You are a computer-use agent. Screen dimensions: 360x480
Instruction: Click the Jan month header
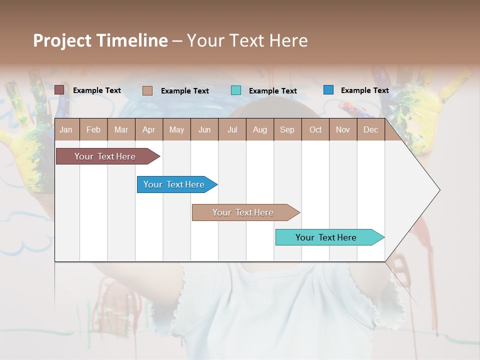pyautogui.click(x=66, y=129)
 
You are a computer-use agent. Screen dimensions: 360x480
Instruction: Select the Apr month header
pyautogui.click(x=149, y=129)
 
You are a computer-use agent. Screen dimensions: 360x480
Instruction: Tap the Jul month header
pyautogui.click(x=232, y=129)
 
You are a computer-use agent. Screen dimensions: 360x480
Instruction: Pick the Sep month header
pyautogui.click(x=287, y=129)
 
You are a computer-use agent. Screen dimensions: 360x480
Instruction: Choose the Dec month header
pyautogui.click(x=370, y=129)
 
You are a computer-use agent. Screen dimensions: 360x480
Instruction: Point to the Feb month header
pyautogui.click(x=93, y=129)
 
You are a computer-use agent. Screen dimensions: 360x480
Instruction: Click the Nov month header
pyautogui.click(x=342, y=129)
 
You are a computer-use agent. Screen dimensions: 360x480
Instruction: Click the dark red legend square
pyautogui.click(x=59, y=90)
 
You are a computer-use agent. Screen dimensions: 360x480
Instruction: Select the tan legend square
pyautogui.click(x=147, y=90)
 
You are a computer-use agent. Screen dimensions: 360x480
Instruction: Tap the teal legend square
pyautogui.click(x=236, y=90)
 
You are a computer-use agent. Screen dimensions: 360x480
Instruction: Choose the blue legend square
pyautogui.click(x=328, y=90)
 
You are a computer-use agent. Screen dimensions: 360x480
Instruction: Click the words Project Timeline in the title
pyautogui.click(x=100, y=40)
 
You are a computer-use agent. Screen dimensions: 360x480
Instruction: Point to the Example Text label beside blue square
pyautogui.click(x=364, y=90)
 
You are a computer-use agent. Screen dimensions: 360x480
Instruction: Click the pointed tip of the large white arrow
pyautogui.click(x=438, y=190)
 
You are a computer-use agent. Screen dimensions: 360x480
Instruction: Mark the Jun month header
pyautogui.click(x=204, y=129)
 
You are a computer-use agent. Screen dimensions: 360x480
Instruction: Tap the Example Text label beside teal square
pyautogui.click(x=272, y=91)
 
